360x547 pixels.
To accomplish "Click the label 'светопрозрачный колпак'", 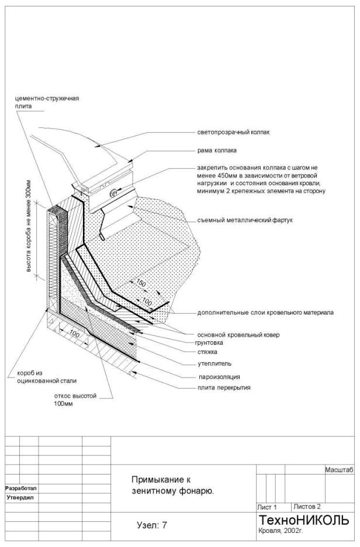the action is tap(233, 132).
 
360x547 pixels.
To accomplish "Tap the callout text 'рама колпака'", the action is tap(217, 150).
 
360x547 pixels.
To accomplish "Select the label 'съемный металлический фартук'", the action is tap(244, 220).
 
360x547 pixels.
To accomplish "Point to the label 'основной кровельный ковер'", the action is tap(238, 335).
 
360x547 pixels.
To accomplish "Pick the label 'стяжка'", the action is tap(207, 352).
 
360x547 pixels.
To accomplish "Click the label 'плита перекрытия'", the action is tap(224, 387).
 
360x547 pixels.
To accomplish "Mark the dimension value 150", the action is tap(141, 283).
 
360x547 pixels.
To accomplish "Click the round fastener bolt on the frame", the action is tap(114, 193).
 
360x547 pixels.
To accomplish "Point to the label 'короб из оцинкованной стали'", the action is tap(46, 377).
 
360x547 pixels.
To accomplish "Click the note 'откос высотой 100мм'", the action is tap(75, 400).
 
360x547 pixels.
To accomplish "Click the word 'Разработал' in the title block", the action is tap(21, 489).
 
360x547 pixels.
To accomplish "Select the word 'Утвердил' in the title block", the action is tap(20, 498).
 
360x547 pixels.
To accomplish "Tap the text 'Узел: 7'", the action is tap(152, 525).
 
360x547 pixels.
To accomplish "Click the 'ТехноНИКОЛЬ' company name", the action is tap(303, 520).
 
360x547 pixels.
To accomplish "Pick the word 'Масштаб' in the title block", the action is tap(339, 470).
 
